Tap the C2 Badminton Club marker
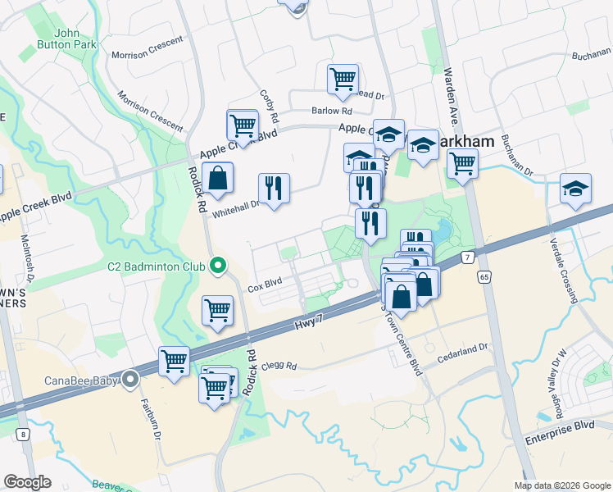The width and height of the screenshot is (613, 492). [218, 265]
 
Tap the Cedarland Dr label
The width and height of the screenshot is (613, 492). [462, 348]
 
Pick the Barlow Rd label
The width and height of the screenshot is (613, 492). [331, 111]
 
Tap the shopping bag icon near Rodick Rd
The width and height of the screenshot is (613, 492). [218, 178]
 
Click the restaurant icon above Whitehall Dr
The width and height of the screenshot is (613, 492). [274, 188]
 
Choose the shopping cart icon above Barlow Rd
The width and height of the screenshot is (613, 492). [343, 80]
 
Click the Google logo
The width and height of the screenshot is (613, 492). [27, 482]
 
